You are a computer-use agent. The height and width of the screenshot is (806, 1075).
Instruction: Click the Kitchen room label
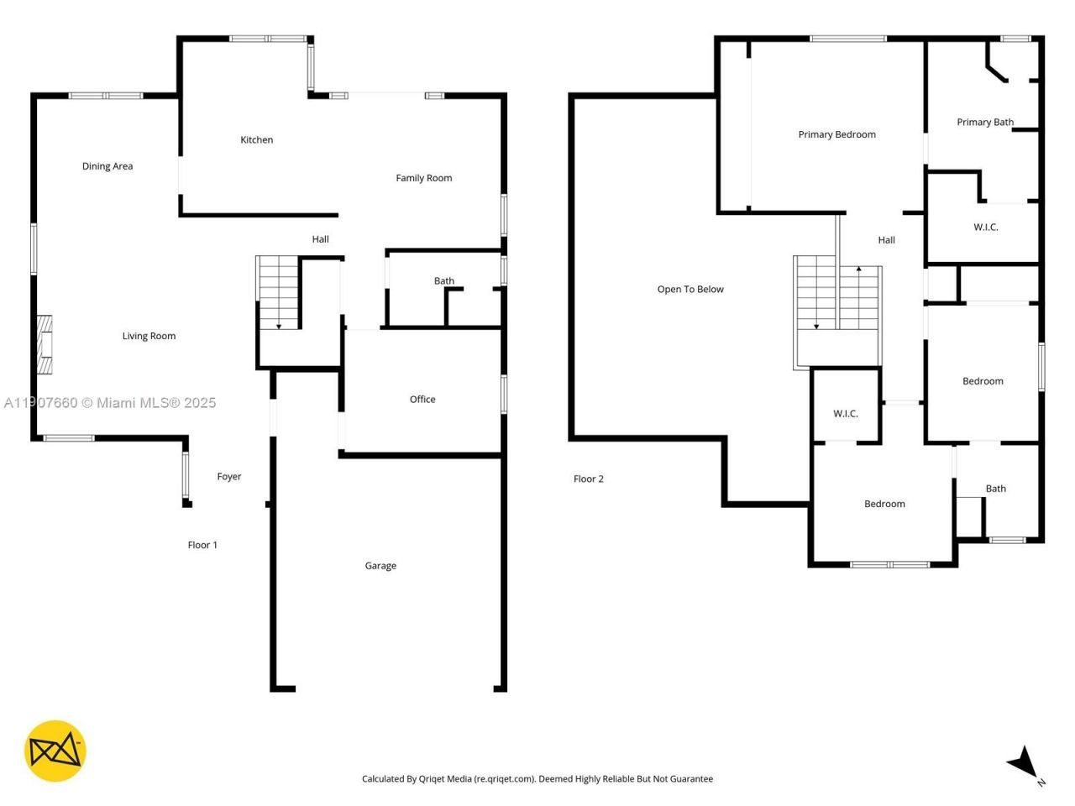256,140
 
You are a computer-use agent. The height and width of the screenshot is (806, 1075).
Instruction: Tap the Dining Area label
107,166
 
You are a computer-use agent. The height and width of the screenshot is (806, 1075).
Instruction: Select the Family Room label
423,178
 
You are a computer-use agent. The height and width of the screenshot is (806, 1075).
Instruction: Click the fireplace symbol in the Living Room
45,344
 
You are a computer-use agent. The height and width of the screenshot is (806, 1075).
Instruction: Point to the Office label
422,400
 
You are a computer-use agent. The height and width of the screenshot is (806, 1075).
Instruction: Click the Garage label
380,566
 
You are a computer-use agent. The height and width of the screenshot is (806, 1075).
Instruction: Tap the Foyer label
229,477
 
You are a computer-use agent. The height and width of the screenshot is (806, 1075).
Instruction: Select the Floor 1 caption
202,545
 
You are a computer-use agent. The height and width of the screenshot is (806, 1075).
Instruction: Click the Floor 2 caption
588,479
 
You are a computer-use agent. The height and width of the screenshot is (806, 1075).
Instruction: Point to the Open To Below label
690,290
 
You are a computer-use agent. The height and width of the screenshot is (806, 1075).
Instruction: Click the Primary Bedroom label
836,134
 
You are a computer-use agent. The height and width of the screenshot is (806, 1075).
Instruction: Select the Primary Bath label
985,123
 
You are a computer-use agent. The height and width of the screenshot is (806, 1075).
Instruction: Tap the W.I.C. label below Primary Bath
986,228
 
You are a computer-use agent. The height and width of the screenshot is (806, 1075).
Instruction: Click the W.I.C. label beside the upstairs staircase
845,414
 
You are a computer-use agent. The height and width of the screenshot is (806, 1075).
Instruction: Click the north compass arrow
1024,762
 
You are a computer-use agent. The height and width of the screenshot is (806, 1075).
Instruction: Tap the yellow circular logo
55,751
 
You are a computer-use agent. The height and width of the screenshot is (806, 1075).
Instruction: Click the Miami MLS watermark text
109,403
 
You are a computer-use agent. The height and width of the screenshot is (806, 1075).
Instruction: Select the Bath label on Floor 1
444,281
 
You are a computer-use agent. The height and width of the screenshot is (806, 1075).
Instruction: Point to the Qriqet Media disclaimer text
537,779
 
